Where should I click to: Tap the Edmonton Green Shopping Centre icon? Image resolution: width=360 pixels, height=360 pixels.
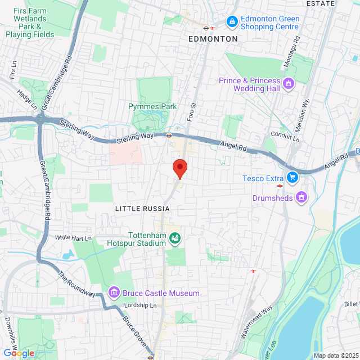[x=232, y=21]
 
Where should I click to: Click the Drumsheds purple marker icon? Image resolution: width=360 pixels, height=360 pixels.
[x=302, y=197]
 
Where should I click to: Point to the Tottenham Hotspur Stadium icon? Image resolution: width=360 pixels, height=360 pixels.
[x=175, y=238]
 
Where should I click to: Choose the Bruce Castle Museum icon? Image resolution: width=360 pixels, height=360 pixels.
[x=114, y=292]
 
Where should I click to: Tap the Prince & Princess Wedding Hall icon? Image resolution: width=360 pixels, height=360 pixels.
[x=289, y=84]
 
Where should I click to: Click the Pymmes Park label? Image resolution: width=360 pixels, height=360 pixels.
[x=152, y=106]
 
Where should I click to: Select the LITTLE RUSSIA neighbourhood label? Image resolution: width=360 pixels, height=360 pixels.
[x=142, y=209]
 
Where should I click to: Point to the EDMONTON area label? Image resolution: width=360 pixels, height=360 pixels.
[x=213, y=39]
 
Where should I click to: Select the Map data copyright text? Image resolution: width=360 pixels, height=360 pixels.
[x=336, y=355]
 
